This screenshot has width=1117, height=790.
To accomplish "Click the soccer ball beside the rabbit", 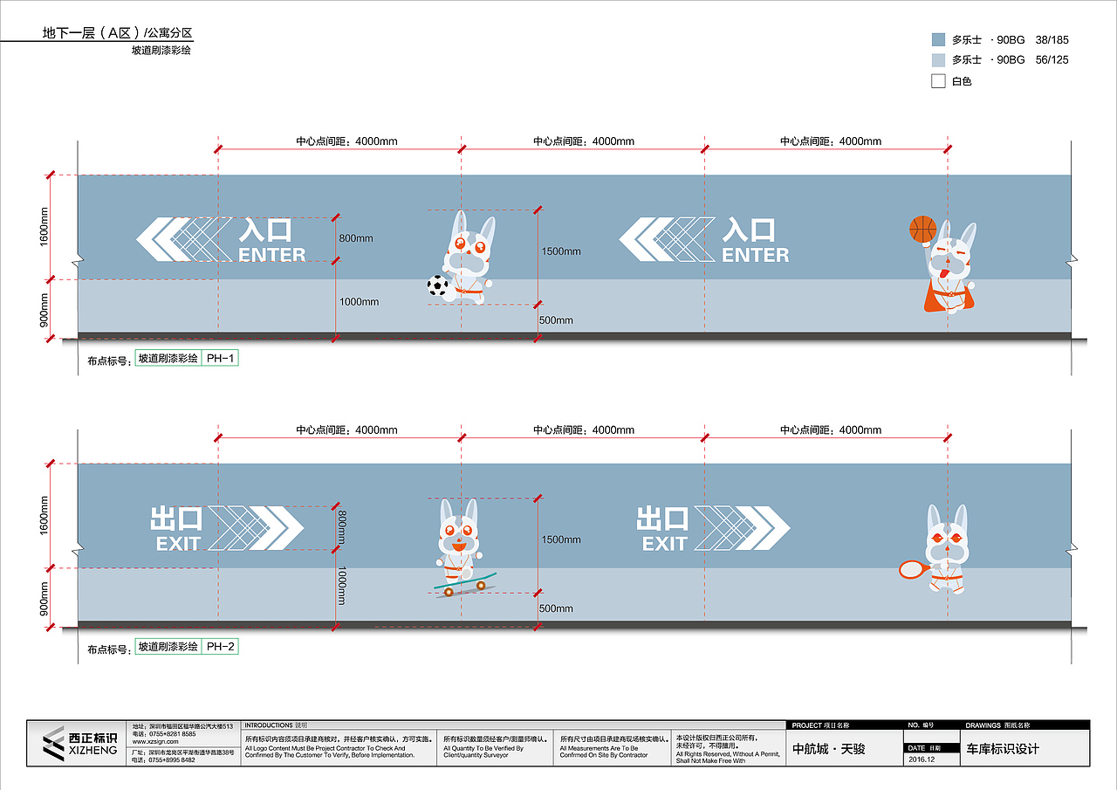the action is pos(437,285).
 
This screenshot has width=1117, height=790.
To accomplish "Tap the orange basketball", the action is pos(922,229).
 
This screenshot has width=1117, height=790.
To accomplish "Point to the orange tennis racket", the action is pos(914,569).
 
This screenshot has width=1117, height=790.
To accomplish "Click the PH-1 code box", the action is pos(219,358).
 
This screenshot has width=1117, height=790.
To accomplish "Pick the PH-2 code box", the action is pos(219,647).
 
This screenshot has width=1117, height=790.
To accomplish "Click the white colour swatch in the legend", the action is pos(939,81).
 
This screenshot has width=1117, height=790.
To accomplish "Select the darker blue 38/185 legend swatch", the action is pos(939,39).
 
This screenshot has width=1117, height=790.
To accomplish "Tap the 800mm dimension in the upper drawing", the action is pos(356,238).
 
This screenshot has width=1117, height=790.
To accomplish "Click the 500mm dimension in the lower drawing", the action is pos(556,608).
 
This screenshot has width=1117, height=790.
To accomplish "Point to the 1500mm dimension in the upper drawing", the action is pos(561,251).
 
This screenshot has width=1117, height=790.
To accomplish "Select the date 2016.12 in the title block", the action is pos(922,759).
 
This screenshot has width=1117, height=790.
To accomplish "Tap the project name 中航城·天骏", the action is pos(828,749).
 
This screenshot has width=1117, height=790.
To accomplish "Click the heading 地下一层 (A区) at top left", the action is pos(86,33).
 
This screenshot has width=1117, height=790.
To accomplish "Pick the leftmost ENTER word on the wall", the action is pos(272,255).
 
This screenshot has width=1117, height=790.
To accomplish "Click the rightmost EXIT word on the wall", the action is pos(665,544).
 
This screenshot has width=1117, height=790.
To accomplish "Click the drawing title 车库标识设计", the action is pos(1004,749).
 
